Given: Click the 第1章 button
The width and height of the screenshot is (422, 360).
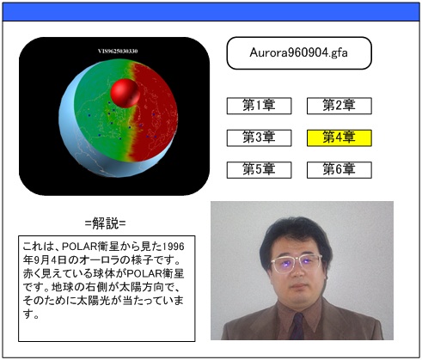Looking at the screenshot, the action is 259,106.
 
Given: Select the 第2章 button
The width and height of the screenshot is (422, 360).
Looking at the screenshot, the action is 339,106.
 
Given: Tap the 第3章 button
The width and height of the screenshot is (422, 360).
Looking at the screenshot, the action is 259,138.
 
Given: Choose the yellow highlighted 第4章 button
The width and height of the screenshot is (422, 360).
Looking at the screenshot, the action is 339,138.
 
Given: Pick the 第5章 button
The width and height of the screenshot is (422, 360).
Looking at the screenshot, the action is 259,170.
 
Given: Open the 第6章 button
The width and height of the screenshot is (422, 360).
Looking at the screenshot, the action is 339,170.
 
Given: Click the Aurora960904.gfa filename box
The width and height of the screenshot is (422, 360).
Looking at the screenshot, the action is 299,53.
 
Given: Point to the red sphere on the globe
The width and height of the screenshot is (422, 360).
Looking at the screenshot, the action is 125,93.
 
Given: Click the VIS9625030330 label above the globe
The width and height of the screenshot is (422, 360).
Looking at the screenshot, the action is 118,52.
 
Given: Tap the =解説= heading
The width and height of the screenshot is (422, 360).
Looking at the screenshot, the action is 106,223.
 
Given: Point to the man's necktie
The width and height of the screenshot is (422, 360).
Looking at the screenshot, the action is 297,326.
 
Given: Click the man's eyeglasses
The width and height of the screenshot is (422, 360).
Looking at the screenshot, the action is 297,263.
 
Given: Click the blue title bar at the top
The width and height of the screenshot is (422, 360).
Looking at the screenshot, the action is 211,12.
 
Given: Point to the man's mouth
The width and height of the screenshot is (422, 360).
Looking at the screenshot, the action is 298,287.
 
